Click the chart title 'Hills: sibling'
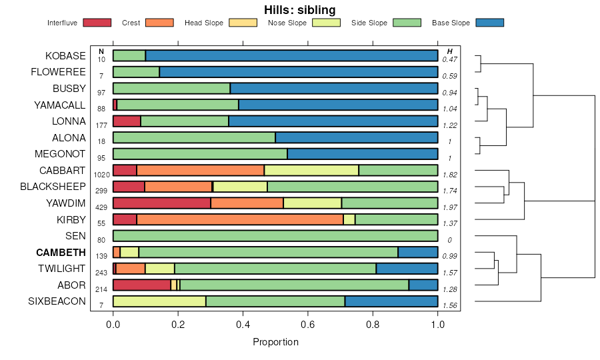tap(300, 9)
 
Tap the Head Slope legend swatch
tap(243, 23)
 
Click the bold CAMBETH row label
tap(61, 253)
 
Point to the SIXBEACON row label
tap(58, 301)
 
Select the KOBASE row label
tap(65, 56)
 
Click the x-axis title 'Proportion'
tap(275, 342)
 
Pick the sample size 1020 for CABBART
tap(101, 174)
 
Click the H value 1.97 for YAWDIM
tap(450, 207)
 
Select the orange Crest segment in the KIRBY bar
tap(240, 219)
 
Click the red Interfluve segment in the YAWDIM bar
tap(162, 203)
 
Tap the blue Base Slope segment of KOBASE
tap(291, 55)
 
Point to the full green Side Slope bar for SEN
tap(275, 236)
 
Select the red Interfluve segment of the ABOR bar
tap(142, 285)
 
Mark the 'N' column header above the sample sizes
tap(101, 51)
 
